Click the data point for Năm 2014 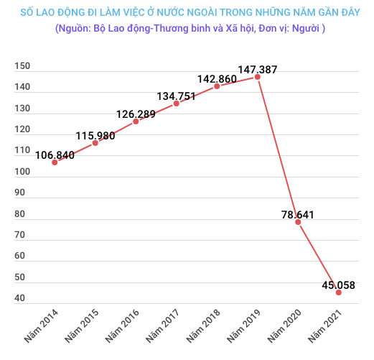click(55, 162)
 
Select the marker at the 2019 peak click(258, 77)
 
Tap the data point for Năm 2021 click(338, 292)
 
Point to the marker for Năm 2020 click(298, 222)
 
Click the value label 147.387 click(258, 70)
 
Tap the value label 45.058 click(338, 285)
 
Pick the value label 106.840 click(54, 153)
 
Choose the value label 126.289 click(136, 113)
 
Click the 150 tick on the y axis click(21, 66)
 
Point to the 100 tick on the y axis click(21, 172)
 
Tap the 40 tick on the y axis click(19, 298)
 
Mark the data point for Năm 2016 click(136, 121)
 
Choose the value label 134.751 click(177, 96)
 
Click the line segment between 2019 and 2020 click(278, 149)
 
